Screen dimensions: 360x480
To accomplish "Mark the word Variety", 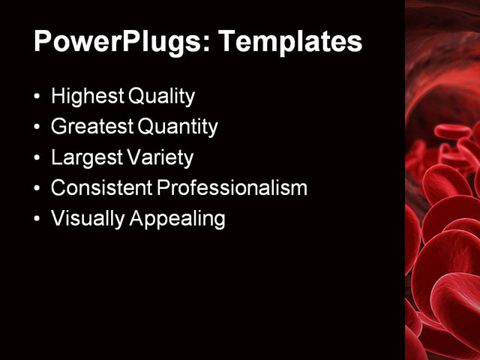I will pyautogui.click(x=163, y=158).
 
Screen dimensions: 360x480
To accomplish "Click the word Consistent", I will pyautogui.click(x=100, y=188).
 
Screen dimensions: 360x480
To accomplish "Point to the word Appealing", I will pyautogui.click(x=178, y=219).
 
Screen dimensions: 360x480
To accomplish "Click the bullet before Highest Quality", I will pyautogui.click(x=38, y=97).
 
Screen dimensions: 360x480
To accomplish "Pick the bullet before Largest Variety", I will pyautogui.click(x=38, y=159).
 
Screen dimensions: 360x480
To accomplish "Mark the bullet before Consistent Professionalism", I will pyautogui.click(x=38, y=189).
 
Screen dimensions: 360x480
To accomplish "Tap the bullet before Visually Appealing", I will pyautogui.click(x=38, y=220).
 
